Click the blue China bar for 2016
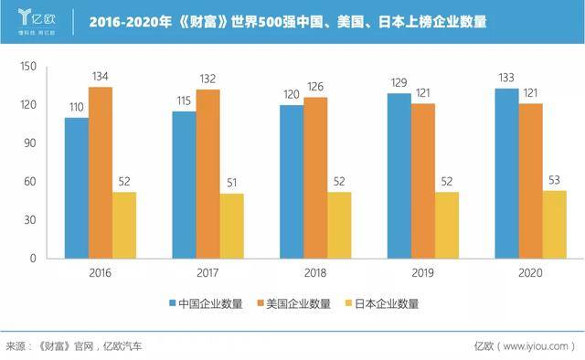[x=77, y=188]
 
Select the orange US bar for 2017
[x=207, y=174]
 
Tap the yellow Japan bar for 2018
[x=339, y=226]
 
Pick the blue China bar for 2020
[x=506, y=174]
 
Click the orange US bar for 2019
[x=423, y=181]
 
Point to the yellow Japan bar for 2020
[x=555, y=225]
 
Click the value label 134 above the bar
[x=100, y=77]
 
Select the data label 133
[x=506, y=78]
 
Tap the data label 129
[x=399, y=82]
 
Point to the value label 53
[x=554, y=180]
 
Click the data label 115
[x=184, y=101]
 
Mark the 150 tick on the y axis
[x=28, y=67]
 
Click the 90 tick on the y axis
[x=30, y=143]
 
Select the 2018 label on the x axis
[x=315, y=272]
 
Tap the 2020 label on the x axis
[x=530, y=272]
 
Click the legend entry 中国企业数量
[x=206, y=303]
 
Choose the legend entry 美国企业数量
[x=294, y=303]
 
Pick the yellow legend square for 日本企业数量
[x=349, y=303]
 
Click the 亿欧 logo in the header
[x=37, y=22]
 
